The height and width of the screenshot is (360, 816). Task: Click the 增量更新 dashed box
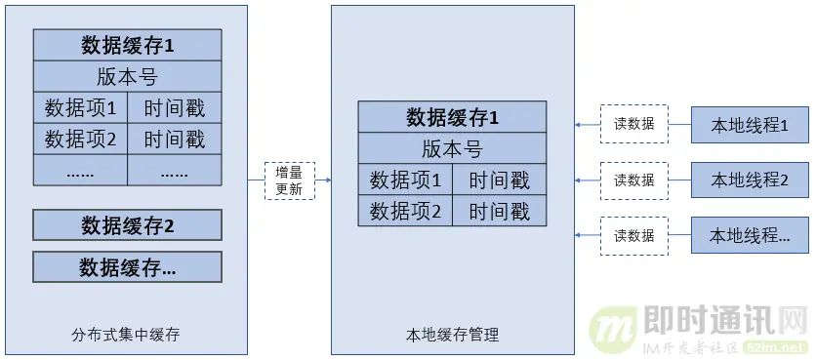(290, 180)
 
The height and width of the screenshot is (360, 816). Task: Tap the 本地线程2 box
(750, 180)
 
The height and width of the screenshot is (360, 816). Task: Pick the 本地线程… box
(750, 235)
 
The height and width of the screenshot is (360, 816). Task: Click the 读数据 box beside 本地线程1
(633, 124)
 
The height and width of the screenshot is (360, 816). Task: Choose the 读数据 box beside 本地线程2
(633, 180)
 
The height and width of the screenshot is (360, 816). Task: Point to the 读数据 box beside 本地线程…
(633, 235)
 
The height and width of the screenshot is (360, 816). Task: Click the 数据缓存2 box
(127, 225)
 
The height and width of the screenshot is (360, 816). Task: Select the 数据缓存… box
(127, 266)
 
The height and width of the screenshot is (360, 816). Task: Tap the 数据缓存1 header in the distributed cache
(127, 45)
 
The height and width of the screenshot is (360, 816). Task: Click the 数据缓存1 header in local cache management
(452, 117)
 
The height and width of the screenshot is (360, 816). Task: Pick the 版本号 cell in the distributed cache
(127, 76)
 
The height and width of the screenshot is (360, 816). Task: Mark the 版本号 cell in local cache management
(452, 148)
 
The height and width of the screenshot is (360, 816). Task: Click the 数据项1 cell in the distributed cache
(80, 107)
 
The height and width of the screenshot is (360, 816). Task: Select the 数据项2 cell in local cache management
(405, 211)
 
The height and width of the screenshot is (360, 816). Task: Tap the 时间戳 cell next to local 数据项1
(499, 180)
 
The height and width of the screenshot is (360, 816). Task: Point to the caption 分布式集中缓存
(127, 335)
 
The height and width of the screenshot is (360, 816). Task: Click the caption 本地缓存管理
(452, 335)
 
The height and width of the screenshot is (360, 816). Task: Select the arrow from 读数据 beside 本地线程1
(587, 124)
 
